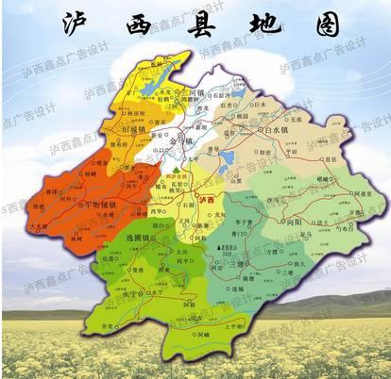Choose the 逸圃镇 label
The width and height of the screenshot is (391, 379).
pos(140,240)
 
